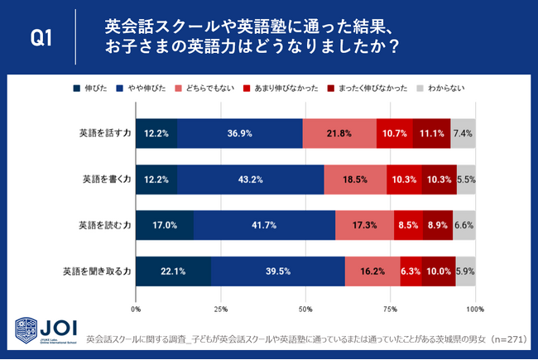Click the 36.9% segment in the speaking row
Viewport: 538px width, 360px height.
[239, 133]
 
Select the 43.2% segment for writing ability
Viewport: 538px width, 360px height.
[250, 179]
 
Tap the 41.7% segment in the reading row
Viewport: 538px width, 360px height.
[264, 224]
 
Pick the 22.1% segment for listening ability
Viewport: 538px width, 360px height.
[174, 270]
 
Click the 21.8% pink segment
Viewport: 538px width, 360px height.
[339, 133]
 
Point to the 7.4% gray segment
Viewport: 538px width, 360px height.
[463, 133]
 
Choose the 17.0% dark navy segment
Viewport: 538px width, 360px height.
[165, 224]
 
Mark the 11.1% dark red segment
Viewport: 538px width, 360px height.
[431, 133]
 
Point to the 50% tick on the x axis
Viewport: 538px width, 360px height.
[305, 310]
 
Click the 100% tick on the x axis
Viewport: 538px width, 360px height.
[474, 310]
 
